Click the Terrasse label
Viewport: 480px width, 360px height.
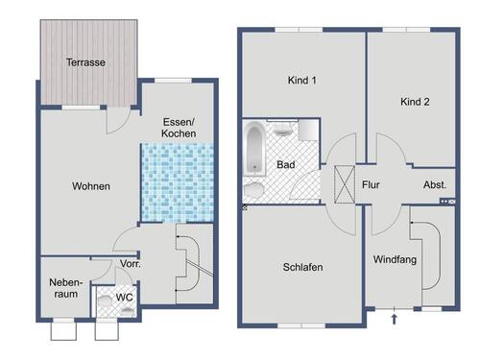click(85, 62)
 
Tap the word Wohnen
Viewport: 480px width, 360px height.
click(90, 186)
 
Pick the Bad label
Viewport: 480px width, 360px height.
click(285, 164)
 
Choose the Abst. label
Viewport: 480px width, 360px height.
click(434, 184)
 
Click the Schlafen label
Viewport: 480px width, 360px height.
click(302, 268)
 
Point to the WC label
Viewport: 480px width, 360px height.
click(124, 299)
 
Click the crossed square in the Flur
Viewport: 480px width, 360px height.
click(344, 183)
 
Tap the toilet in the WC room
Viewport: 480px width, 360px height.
click(106, 299)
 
